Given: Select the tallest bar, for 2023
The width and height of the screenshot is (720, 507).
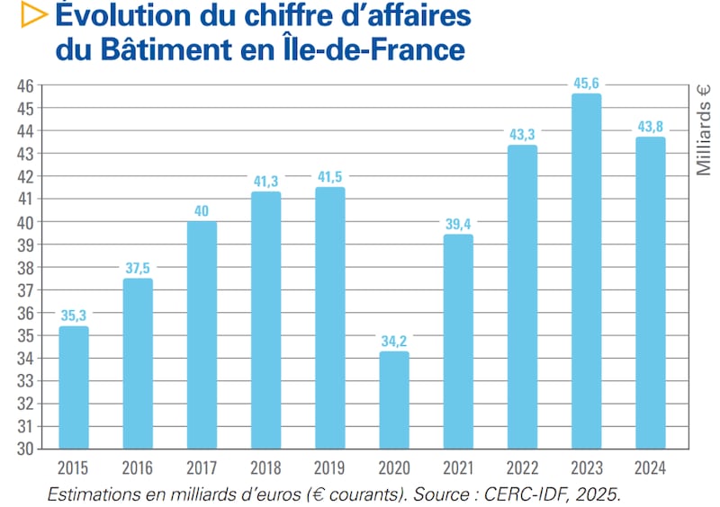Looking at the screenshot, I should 586,271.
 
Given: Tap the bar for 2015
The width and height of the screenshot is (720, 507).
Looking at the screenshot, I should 74,387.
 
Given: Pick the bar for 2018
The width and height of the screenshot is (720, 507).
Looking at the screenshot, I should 265,320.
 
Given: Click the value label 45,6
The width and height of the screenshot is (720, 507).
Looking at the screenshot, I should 586,84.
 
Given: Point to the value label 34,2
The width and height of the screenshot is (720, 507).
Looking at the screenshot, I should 394,342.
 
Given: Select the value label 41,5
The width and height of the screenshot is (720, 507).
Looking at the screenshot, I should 330,177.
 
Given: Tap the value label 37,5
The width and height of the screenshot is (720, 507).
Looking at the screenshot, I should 138,269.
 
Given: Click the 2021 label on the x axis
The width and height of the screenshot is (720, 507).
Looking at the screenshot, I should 458,468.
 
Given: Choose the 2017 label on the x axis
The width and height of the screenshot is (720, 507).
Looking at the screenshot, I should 202,468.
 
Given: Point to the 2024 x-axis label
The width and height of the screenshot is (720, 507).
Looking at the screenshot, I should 650,468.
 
